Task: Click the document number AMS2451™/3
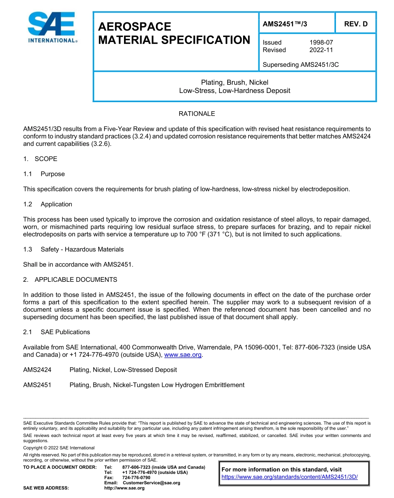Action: [285, 24]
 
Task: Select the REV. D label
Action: [356, 24]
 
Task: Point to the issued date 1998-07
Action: [321, 42]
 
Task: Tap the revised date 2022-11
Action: [321, 50]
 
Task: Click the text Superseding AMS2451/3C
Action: [301, 65]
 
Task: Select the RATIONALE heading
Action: [197, 114]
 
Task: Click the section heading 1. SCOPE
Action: [40, 159]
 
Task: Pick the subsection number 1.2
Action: [28, 204]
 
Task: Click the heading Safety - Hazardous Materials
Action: [82, 249]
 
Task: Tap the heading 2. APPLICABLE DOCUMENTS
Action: [70, 280]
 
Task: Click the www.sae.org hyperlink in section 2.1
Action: [183, 355]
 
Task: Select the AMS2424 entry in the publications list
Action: [37, 370]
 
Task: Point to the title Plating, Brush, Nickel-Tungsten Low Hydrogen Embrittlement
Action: [157, 385]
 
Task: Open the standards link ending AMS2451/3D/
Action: [289, 477]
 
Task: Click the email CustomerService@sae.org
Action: [151, 483]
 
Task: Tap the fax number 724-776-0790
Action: [136, 478]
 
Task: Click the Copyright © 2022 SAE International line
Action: [59, 448]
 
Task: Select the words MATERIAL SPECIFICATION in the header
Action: [174, 40]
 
